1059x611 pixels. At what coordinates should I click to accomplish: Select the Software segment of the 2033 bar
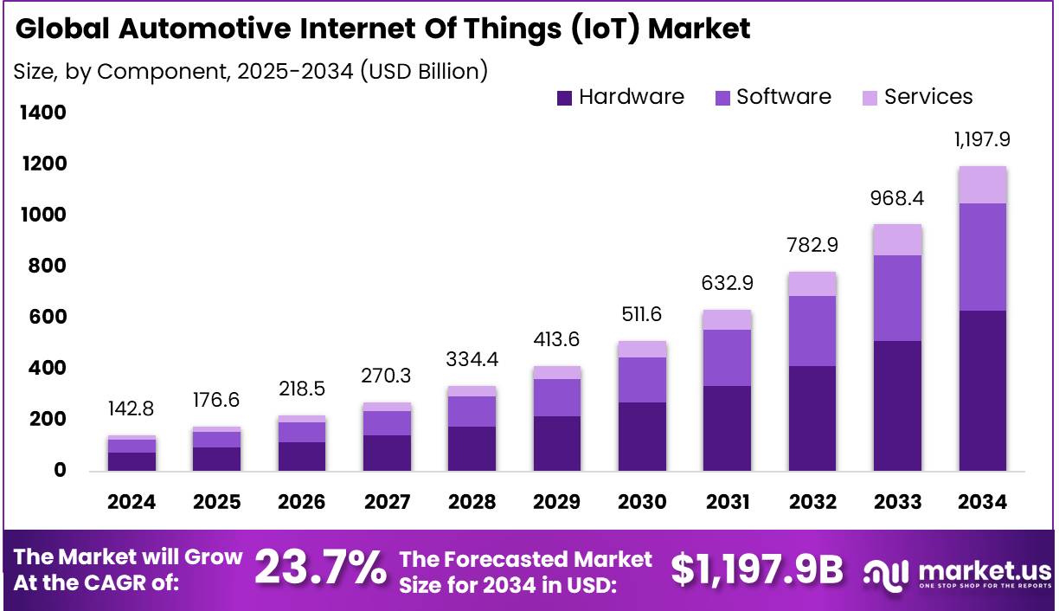(x=897, y=298)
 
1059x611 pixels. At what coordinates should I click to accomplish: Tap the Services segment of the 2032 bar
(x=812, y=284)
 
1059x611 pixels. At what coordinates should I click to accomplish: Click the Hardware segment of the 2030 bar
(x=642, y=436)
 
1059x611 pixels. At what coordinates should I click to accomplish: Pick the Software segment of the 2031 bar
(x=727, y=357)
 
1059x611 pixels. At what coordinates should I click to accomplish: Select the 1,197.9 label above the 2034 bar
(x=982, y=138)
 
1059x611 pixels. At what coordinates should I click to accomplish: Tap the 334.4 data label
(x=472, y=358)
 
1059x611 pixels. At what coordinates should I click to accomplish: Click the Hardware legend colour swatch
(x=565, y=98)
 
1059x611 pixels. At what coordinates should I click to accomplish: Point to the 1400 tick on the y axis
(x=42, y=113)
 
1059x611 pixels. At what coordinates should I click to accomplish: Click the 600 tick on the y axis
(x=49, y=318)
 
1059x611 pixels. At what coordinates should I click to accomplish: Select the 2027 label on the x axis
(x=387, y=502)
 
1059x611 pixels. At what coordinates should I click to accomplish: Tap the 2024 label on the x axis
(x=132, y=502)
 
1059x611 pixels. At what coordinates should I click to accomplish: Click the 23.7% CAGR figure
(x=320, y=569)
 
